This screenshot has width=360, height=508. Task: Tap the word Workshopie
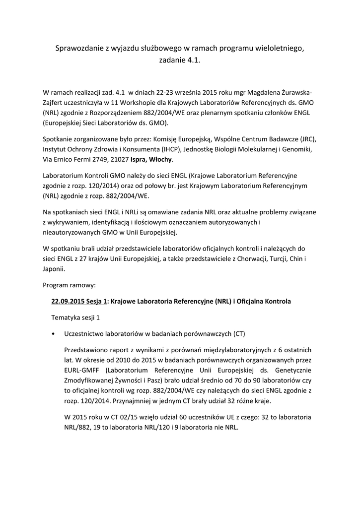pos(144,102)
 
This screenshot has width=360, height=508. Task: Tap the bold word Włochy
pos(162,160)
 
